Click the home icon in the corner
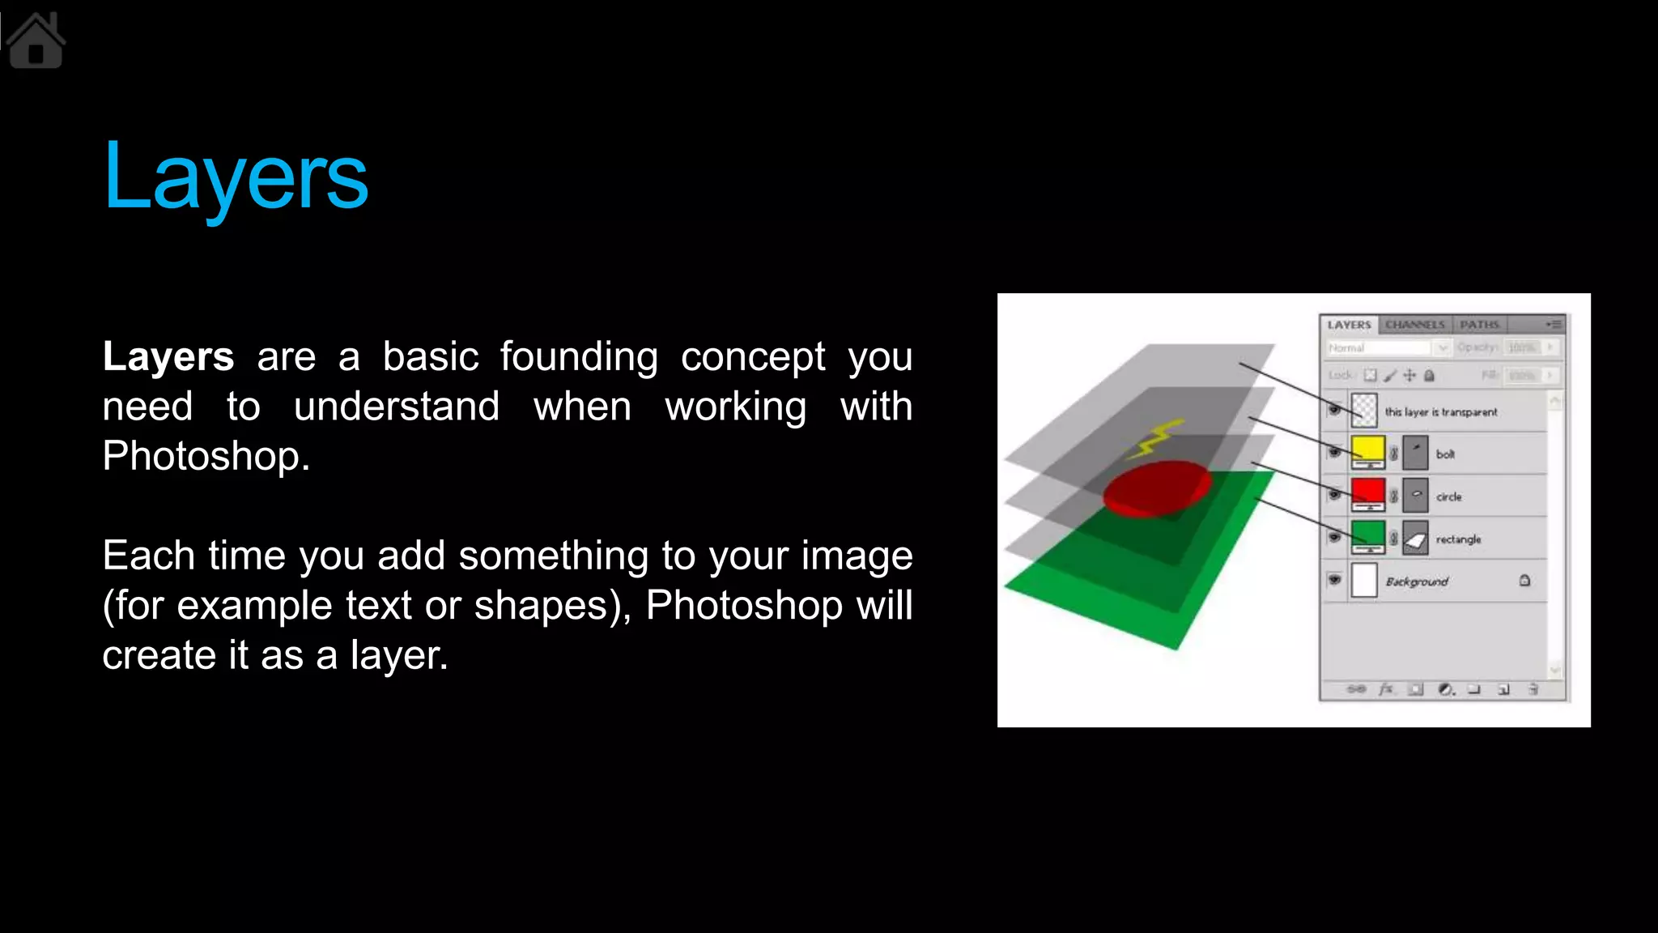[36, 42]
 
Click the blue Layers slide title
[235, 177]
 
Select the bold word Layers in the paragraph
[168, 357]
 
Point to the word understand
[397, 407]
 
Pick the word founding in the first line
[579, 357]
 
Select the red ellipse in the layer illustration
[1158, 488]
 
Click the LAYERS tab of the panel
[1349, 325]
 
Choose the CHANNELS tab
[1414, 325]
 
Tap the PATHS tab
[1479, 325]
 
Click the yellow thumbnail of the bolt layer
[1367, 450]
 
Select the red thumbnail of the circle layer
[1367, 492]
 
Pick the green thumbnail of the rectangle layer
[1367, 535]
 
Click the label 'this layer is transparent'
[1441, 412]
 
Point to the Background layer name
[1417, 582]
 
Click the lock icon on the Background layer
[1524, 580]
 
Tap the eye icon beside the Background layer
[1334, 580]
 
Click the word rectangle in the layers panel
[1458, 539]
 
